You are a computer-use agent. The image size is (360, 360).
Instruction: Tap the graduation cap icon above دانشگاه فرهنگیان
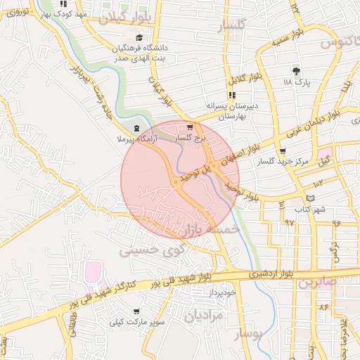pyautogui.click(x=139, y=38)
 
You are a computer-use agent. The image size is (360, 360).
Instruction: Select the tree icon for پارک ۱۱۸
pyautogui.click(x=296, y=71)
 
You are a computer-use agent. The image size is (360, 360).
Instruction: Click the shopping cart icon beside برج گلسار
pyautogui.click(x=189, y=127)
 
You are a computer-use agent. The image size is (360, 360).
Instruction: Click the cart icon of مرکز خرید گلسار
pyautogui.click(x=283, y=151)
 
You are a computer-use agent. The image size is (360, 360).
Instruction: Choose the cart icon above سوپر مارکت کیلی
pyautogui.click(x=136, y=311)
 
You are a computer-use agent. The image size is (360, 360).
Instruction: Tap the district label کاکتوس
pyautogui.click(x=336, y=43)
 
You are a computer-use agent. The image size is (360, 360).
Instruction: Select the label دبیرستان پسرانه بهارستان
pyautogui.click(x=229, y=111)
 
